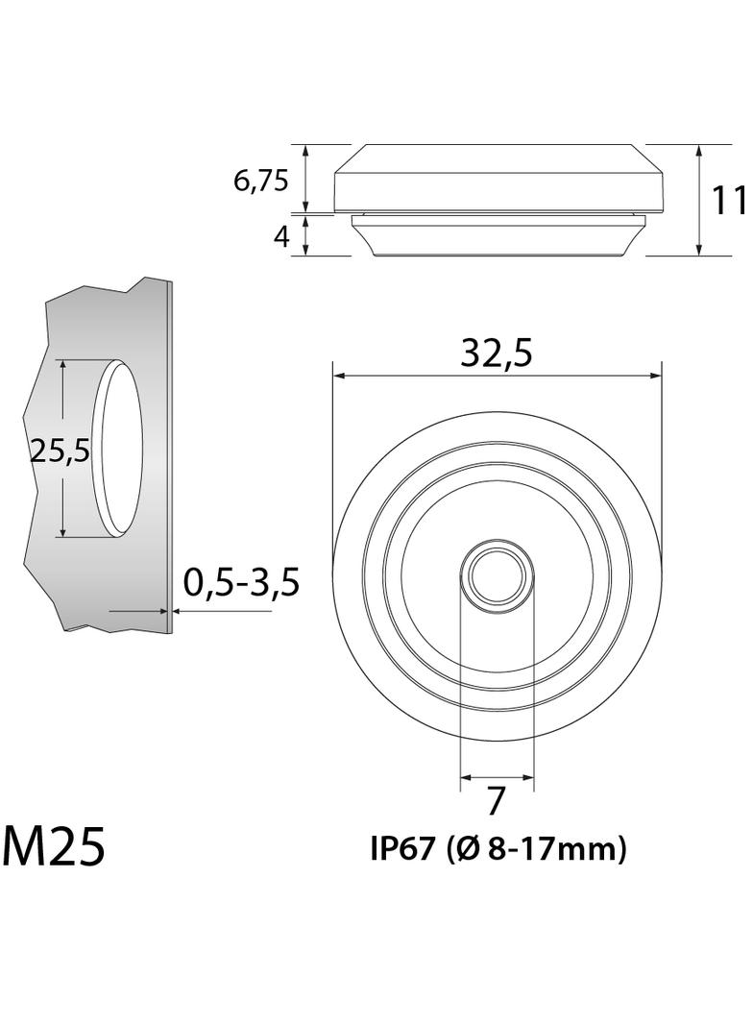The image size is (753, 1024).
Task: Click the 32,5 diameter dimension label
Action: [x=496, y=354]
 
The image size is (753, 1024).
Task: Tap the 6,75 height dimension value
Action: [x=260, y=180]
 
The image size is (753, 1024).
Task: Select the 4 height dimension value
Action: [x=281, y=236]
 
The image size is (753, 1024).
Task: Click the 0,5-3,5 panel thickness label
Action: [x=242, y=582]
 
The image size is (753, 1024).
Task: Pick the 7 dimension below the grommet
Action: [x=496, y=800]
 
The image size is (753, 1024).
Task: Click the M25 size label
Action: [x=54, y=846]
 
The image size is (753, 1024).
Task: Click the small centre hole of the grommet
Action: [x=497, y=574]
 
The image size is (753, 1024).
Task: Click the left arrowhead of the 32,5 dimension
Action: [x=337, y=376]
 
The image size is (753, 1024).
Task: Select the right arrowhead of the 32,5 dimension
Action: [x=657, y=376]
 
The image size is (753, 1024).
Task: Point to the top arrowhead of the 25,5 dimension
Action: [x=62, y=366]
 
